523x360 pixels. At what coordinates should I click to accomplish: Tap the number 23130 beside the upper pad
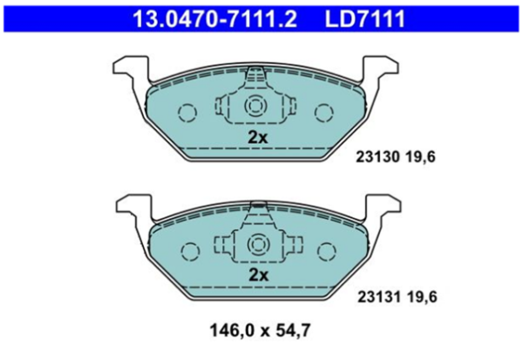click(377, 158)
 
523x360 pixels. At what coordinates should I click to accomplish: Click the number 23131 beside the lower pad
click(377, 297)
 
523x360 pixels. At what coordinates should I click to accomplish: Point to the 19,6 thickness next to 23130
click(421, 158)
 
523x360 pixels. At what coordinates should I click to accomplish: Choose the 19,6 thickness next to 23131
click(421, 297)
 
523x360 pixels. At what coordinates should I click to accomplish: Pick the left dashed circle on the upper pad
click(187, 111)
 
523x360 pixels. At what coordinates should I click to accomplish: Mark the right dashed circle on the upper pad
click(324, 111)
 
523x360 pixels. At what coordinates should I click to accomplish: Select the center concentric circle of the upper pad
click(255, 107)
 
